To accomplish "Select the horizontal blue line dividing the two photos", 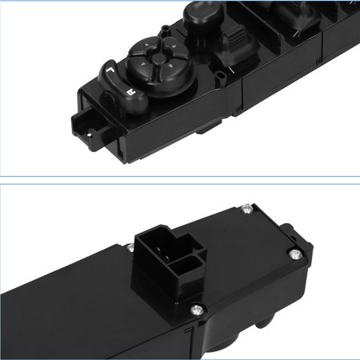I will coord(180,176).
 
